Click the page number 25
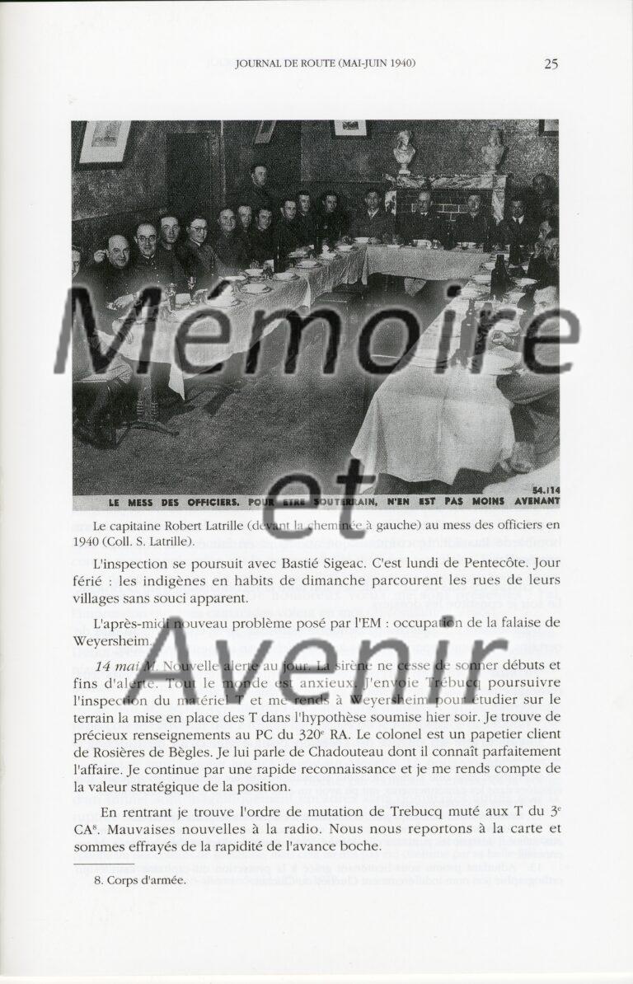tap(551, 64)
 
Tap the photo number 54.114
tap(542, 490)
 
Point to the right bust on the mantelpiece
tap(492, 149)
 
